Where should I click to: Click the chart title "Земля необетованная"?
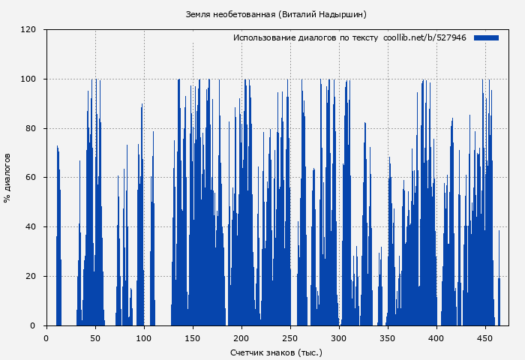(230, 14)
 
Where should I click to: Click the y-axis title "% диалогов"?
(7, 178)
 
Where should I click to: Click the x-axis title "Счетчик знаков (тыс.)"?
(276, 352)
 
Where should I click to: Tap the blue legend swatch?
(486, 37)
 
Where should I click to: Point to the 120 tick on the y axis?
(28, 30)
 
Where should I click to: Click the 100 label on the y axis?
(28, 79)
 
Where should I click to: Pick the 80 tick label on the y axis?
(31, 128)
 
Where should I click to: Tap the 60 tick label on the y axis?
(31, 178)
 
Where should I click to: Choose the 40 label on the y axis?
(31, 227)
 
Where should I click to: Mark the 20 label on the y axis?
(31, 277)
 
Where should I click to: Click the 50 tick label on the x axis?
(95, 337)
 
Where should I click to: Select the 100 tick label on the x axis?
(144, 337)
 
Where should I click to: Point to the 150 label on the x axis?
(193, 337)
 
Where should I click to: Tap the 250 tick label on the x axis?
(291, 337)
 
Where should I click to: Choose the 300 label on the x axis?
(340, 337)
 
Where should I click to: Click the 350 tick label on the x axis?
(388, 337)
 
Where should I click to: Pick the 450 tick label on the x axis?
(486, 337)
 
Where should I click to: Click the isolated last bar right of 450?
(499, 300)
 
